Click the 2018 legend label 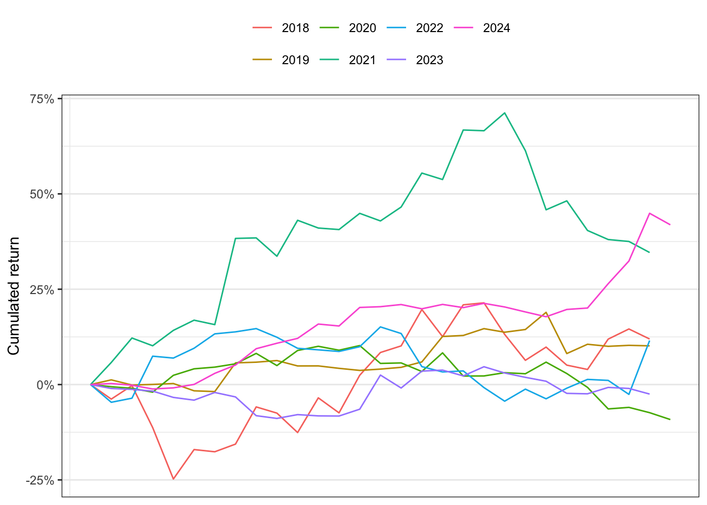pyautogui.click(x=295, y=28)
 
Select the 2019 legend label pyautogui.click(x=295, y=60)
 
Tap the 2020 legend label pyautogui.click(x=362, y=28)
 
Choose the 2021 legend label pyautogui.click(x=362, y=60)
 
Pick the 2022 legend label pyautogui.click(x=430, y=28)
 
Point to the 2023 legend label pyautogui.click(x=430, y=60)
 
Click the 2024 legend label pyautogui.click(x=497, y=28)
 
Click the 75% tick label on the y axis pyautogui.click(x=42, y=99)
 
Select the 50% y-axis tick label pyautogui.click(x=42, y=195)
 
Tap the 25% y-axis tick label pyautogui.click(x=42, y=290)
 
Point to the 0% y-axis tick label pyautogui.click(x=45, y=385)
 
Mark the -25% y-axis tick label pyautogui.click(x=40, y=480)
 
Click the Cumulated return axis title pyautogui.click(x=14, y=296)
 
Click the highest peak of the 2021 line pyautogui.click(x=504, y=113)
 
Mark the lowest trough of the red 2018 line pyautogui.click(x=173, y=479)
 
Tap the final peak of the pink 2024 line pyautogui.click(x=650, y=214)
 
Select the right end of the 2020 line pyautogui.click(x=670, y=419)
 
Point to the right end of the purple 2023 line pyautogui.click(x=649, y=394)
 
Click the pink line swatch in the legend pyautogui.click(x=463, y=28)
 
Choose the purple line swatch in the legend pyautogui.click(x=397, y=59)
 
